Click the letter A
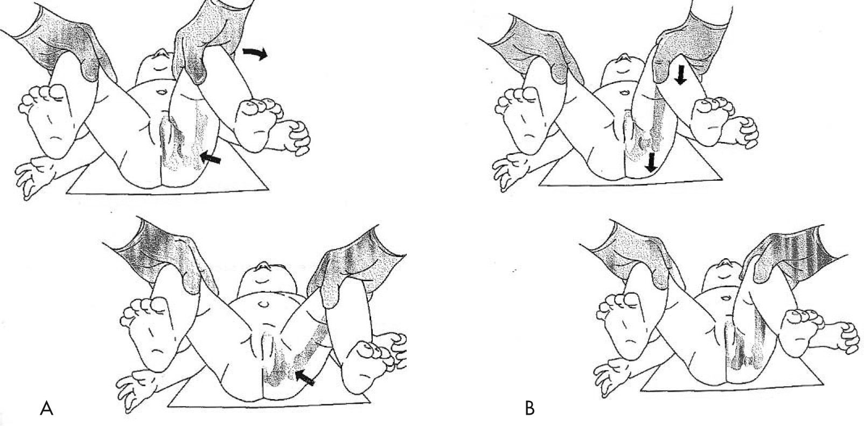(x=46, y=408)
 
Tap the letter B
(x=530, y=408)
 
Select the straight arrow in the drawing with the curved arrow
(x=211, y=158)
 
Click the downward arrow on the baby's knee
(x=681, y=75)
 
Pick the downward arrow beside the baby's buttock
(x=652, y=162)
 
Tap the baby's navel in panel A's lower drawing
(x=263, y=304)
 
